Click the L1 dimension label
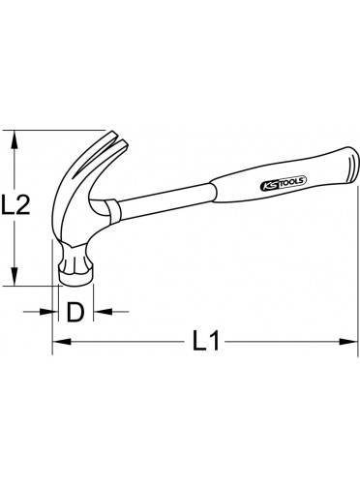tap(206, 341)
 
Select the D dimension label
tap(75, 312)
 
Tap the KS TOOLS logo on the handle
tap(284, 183)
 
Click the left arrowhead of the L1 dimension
tap(62, 341)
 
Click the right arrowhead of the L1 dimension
tap(347, 341)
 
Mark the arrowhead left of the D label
tap(48, 312)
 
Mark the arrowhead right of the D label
tap(103, 312)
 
